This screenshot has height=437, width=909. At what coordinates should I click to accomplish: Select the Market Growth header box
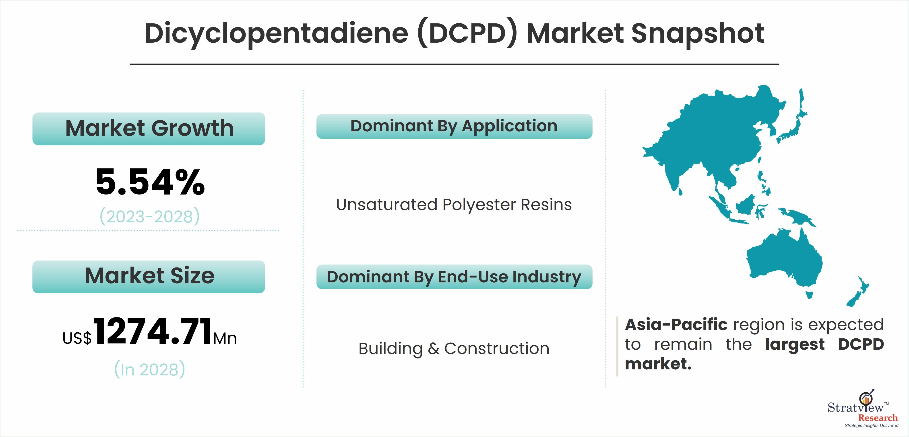149,128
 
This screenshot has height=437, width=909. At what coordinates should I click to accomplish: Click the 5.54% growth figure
150,182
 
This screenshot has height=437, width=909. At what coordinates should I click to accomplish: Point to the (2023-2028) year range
150,216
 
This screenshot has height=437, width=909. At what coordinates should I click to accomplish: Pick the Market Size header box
149,276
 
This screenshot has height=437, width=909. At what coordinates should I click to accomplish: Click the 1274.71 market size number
153,331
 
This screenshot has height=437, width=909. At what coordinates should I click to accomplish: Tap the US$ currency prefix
77,338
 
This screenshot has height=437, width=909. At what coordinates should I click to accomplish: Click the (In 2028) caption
150,369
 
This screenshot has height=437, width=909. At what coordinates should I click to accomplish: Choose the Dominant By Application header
454,126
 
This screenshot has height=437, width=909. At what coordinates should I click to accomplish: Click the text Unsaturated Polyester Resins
454,205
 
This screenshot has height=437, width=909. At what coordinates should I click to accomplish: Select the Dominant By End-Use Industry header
454,277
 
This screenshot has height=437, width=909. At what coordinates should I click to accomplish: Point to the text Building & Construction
454,349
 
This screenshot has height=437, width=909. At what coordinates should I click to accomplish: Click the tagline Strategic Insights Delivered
871,426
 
